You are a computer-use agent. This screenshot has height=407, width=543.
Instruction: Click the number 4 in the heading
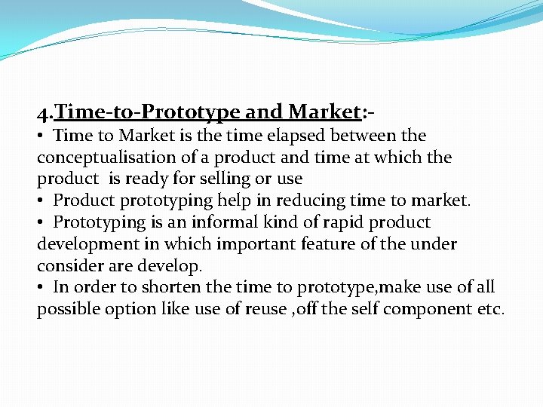pyautogui.click(x=43, y=113)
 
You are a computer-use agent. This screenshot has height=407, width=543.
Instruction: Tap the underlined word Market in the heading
pyautogui.click(x=323, y=112)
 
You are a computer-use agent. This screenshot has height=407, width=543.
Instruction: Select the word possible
pyautogui.click(x=67, y=310)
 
